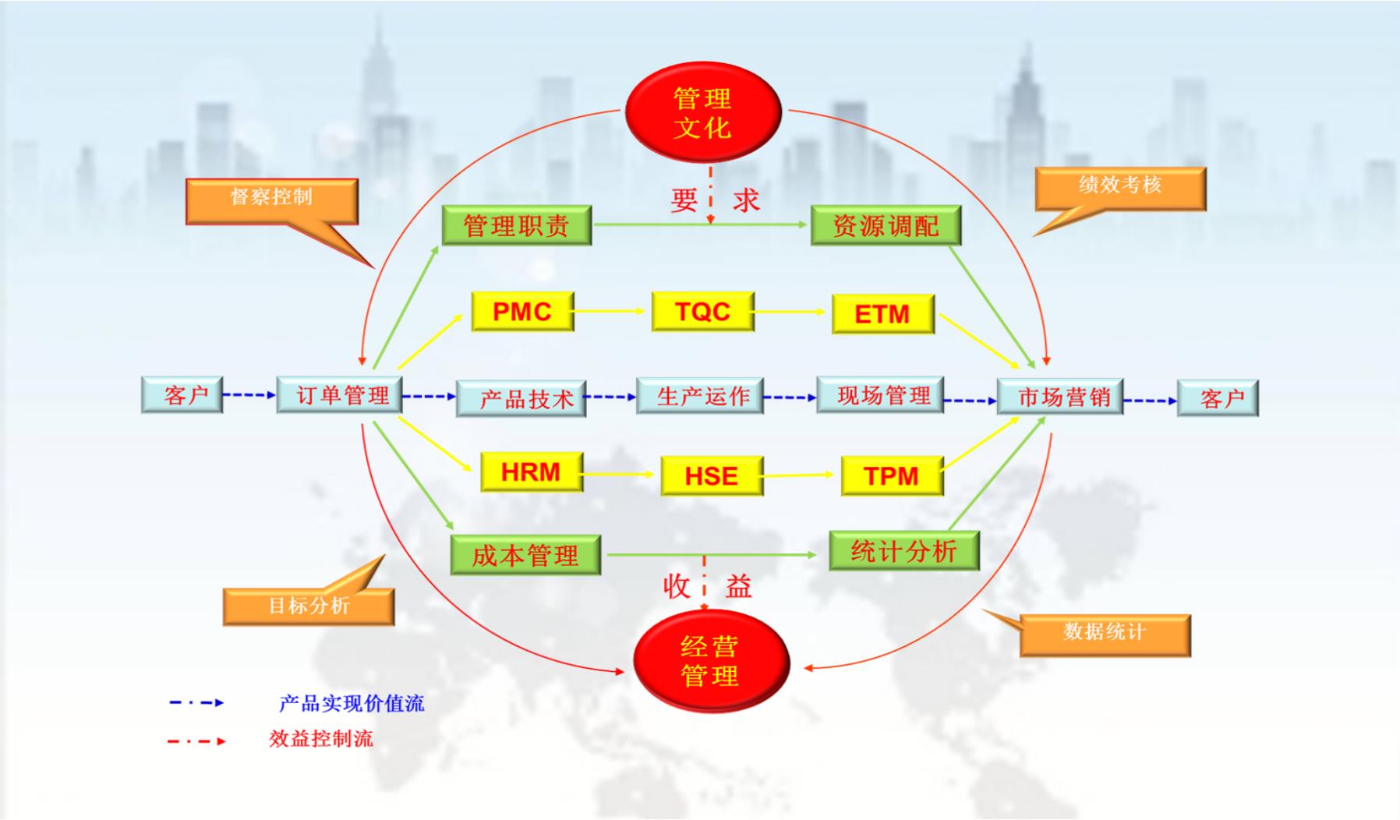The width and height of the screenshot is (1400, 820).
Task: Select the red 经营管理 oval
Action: pyautogui.click(x=710, y=661)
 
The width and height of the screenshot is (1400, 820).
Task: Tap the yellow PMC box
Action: pyautogui.click(x=522, y=312)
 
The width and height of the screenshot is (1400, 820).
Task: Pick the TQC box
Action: pyautogui.click(x=702, y=312)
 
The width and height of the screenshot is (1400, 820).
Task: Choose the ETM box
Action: pyautogui.click(x=882, y=314)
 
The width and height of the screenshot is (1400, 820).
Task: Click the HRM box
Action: pyautogui.click(x=531, y=472)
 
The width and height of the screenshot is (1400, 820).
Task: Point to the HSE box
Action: pyautogui.click(x=711, y=476)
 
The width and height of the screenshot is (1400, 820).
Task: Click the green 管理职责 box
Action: pyautogui.click(x=516, y=225)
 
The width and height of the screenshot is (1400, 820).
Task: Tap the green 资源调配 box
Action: pyautogui.click(x=886, y=225)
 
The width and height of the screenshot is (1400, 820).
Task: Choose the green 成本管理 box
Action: pyautogui.click(x=525, y=555)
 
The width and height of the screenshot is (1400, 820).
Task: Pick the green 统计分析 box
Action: pyautogui.click(x=903, y=551)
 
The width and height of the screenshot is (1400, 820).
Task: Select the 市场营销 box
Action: pyautogui.click(x=1060, y=398)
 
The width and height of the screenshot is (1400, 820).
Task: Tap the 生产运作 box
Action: pyautogui.click(x=699, y=396)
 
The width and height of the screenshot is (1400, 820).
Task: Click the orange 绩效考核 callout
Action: pyautogui.click(x=1120, y=187)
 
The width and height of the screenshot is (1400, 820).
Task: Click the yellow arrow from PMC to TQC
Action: pyautogui.click(x=612, y=311)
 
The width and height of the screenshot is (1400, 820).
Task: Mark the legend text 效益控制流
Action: pyautogui.click(x=321, y=739)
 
